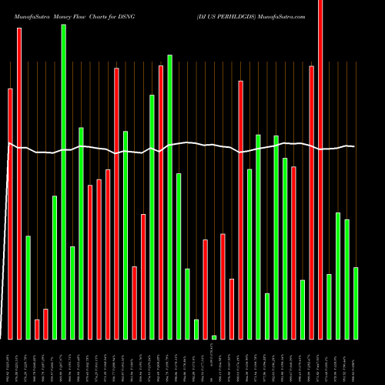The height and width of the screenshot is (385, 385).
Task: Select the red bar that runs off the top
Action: click(x=320, y=169)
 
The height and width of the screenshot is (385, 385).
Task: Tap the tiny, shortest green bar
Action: click(x=214, y=337)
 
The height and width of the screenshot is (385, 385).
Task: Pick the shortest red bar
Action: click(x=37, y=329)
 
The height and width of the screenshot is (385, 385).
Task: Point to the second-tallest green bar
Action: click(x=170, y=196)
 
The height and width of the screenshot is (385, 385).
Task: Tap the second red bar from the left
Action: click(x=19, y=173)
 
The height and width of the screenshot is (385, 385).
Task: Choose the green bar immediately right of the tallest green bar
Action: click(x=72, y=293)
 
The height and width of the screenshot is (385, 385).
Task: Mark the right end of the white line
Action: click(x=354, y=146)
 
